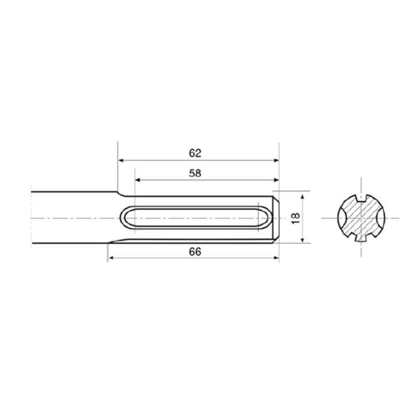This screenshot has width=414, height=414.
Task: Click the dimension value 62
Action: click(x=195, y=153)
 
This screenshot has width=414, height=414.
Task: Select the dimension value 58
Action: click(x=195, y=173)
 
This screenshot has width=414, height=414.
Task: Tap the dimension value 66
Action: click(x=195, y=252)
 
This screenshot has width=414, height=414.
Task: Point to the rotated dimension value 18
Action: click(x=296, y=218)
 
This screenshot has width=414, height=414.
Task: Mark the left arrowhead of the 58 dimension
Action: click(x=138, y=180)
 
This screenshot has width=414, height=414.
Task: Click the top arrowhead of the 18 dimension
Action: click(x=302, y=196)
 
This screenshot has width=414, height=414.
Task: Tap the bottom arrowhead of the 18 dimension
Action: click(x=302, y=239)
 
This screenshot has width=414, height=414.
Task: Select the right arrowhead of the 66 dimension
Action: click(x=276, y=258)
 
